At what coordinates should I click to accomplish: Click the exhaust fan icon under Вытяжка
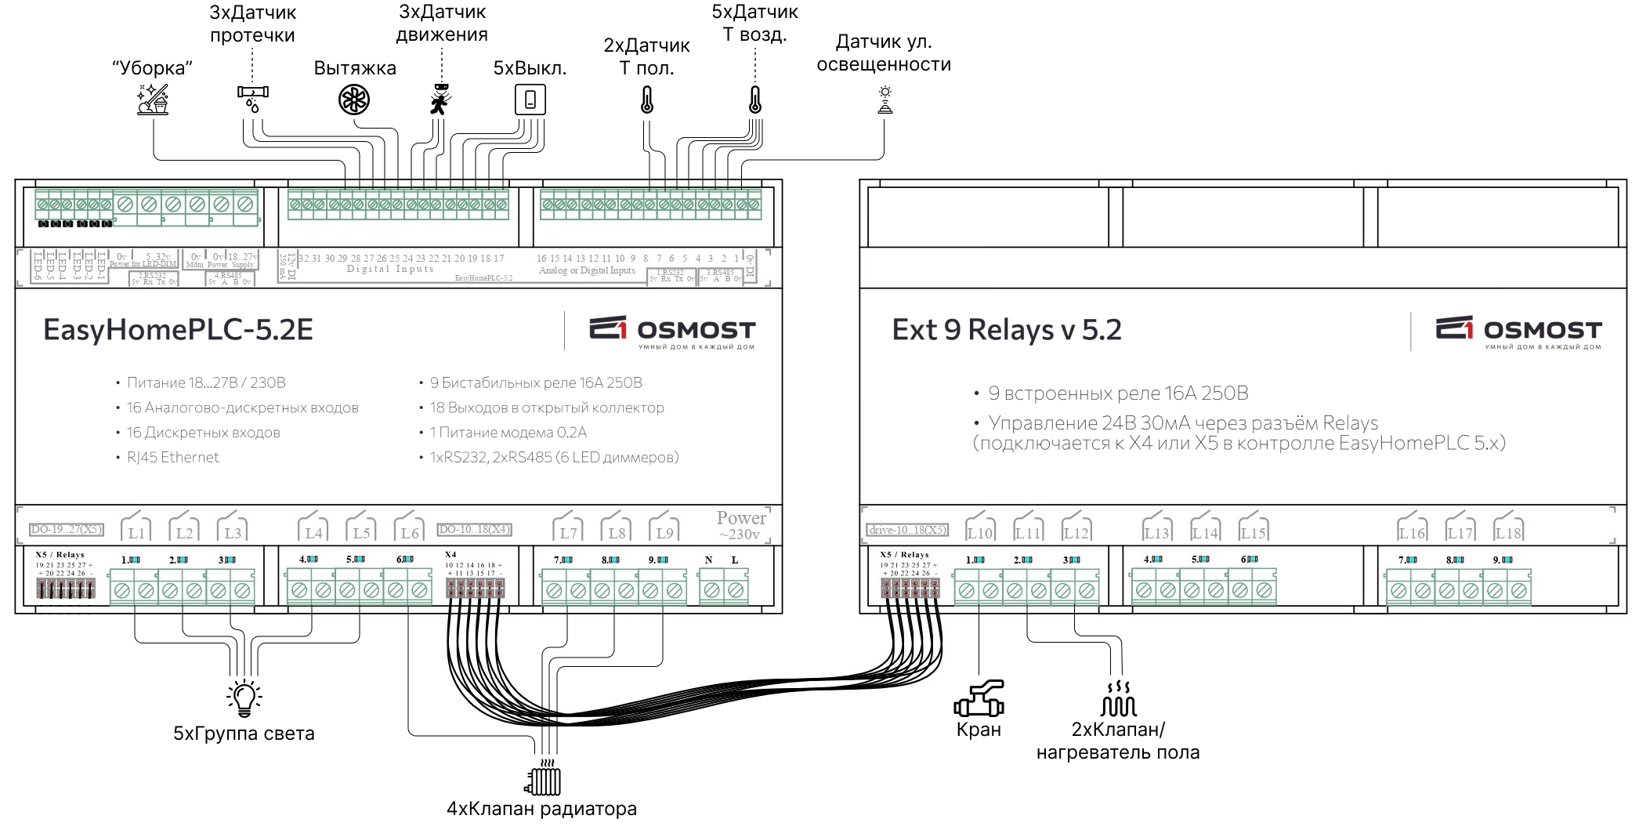pos(353,100)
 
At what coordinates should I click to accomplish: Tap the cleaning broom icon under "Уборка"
pos(152,100)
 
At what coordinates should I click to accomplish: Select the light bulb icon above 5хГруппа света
pos(244,698)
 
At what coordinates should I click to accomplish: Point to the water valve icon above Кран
pos(979,699)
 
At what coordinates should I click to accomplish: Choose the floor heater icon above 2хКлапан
pos(1118,699)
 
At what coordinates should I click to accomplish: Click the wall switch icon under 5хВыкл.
pos(530,100)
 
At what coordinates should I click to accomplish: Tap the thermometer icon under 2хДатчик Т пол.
pos(647,100)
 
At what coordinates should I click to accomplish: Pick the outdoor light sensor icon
pos(885,100)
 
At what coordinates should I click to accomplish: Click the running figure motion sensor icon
pos(441,100)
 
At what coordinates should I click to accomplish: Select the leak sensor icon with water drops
pos(252,98)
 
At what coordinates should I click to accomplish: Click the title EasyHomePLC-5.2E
pos(178,330)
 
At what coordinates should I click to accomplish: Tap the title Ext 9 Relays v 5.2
pos(1006,330)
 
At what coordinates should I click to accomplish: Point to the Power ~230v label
pos(740,525)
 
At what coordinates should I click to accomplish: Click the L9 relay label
pos(664,533)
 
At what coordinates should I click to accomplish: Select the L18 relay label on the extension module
pos(1507,533)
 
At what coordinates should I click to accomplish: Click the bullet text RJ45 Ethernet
pos(172,458)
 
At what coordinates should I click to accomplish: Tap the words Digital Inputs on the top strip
pos(390,269)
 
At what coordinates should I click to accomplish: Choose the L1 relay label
pos(137,533)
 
